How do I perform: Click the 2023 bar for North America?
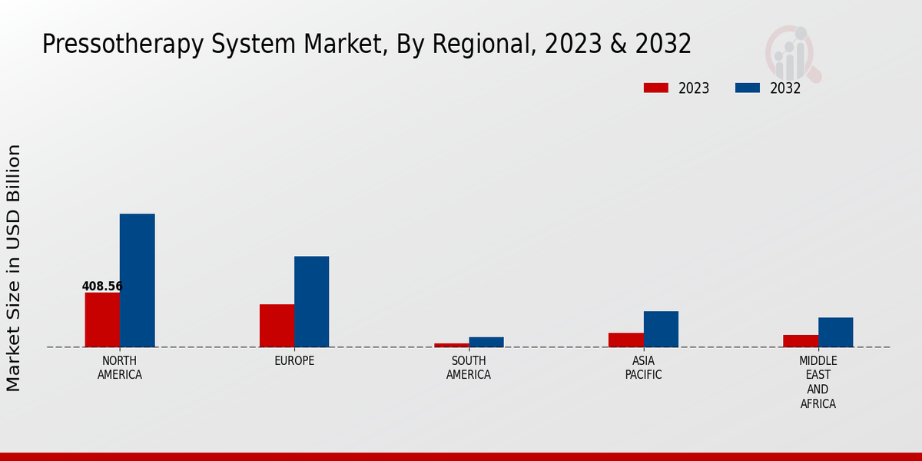pyautogui.click(x=102, y=320)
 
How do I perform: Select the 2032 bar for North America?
pyautogui.click(x=138, y=280)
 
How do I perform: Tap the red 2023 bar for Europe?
pyautogui.click(x=277, y=326)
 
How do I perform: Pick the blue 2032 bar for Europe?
pyautogui.click(x=312, y=301)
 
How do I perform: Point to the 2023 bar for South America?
pyautogui.click(x=451, y=345)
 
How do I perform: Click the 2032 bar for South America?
pyautogui.click(x=486, y=342)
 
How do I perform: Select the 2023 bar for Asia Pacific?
pyautogui.click(x=626, y=340)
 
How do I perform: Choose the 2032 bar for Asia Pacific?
pyautogui.click(x=661, y=329)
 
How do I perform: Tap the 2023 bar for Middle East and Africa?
pyautogui.click(x=801, y=341)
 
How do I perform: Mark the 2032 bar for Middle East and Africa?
pyautogui.click(x=835, y=332)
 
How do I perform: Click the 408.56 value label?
pyautogui.click(x=102, y=287)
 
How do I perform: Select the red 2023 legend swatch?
pyautogui.click(x=656, y=88)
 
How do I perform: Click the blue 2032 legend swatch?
pyautogui.click(x=748, y=88)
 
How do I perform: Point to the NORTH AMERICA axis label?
pyautogui.click(x=120, y=368)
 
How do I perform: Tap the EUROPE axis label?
pyautogui.click(x=294, y=361)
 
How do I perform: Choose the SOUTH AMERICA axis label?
pyautogui.click(x=469, y=368)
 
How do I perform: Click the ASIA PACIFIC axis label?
pyautogui.click(x=643, y=368)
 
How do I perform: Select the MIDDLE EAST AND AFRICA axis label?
pyautogui.click(x=818, y=382)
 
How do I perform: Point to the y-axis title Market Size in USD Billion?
pyautogui.click(x=14, y=267)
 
